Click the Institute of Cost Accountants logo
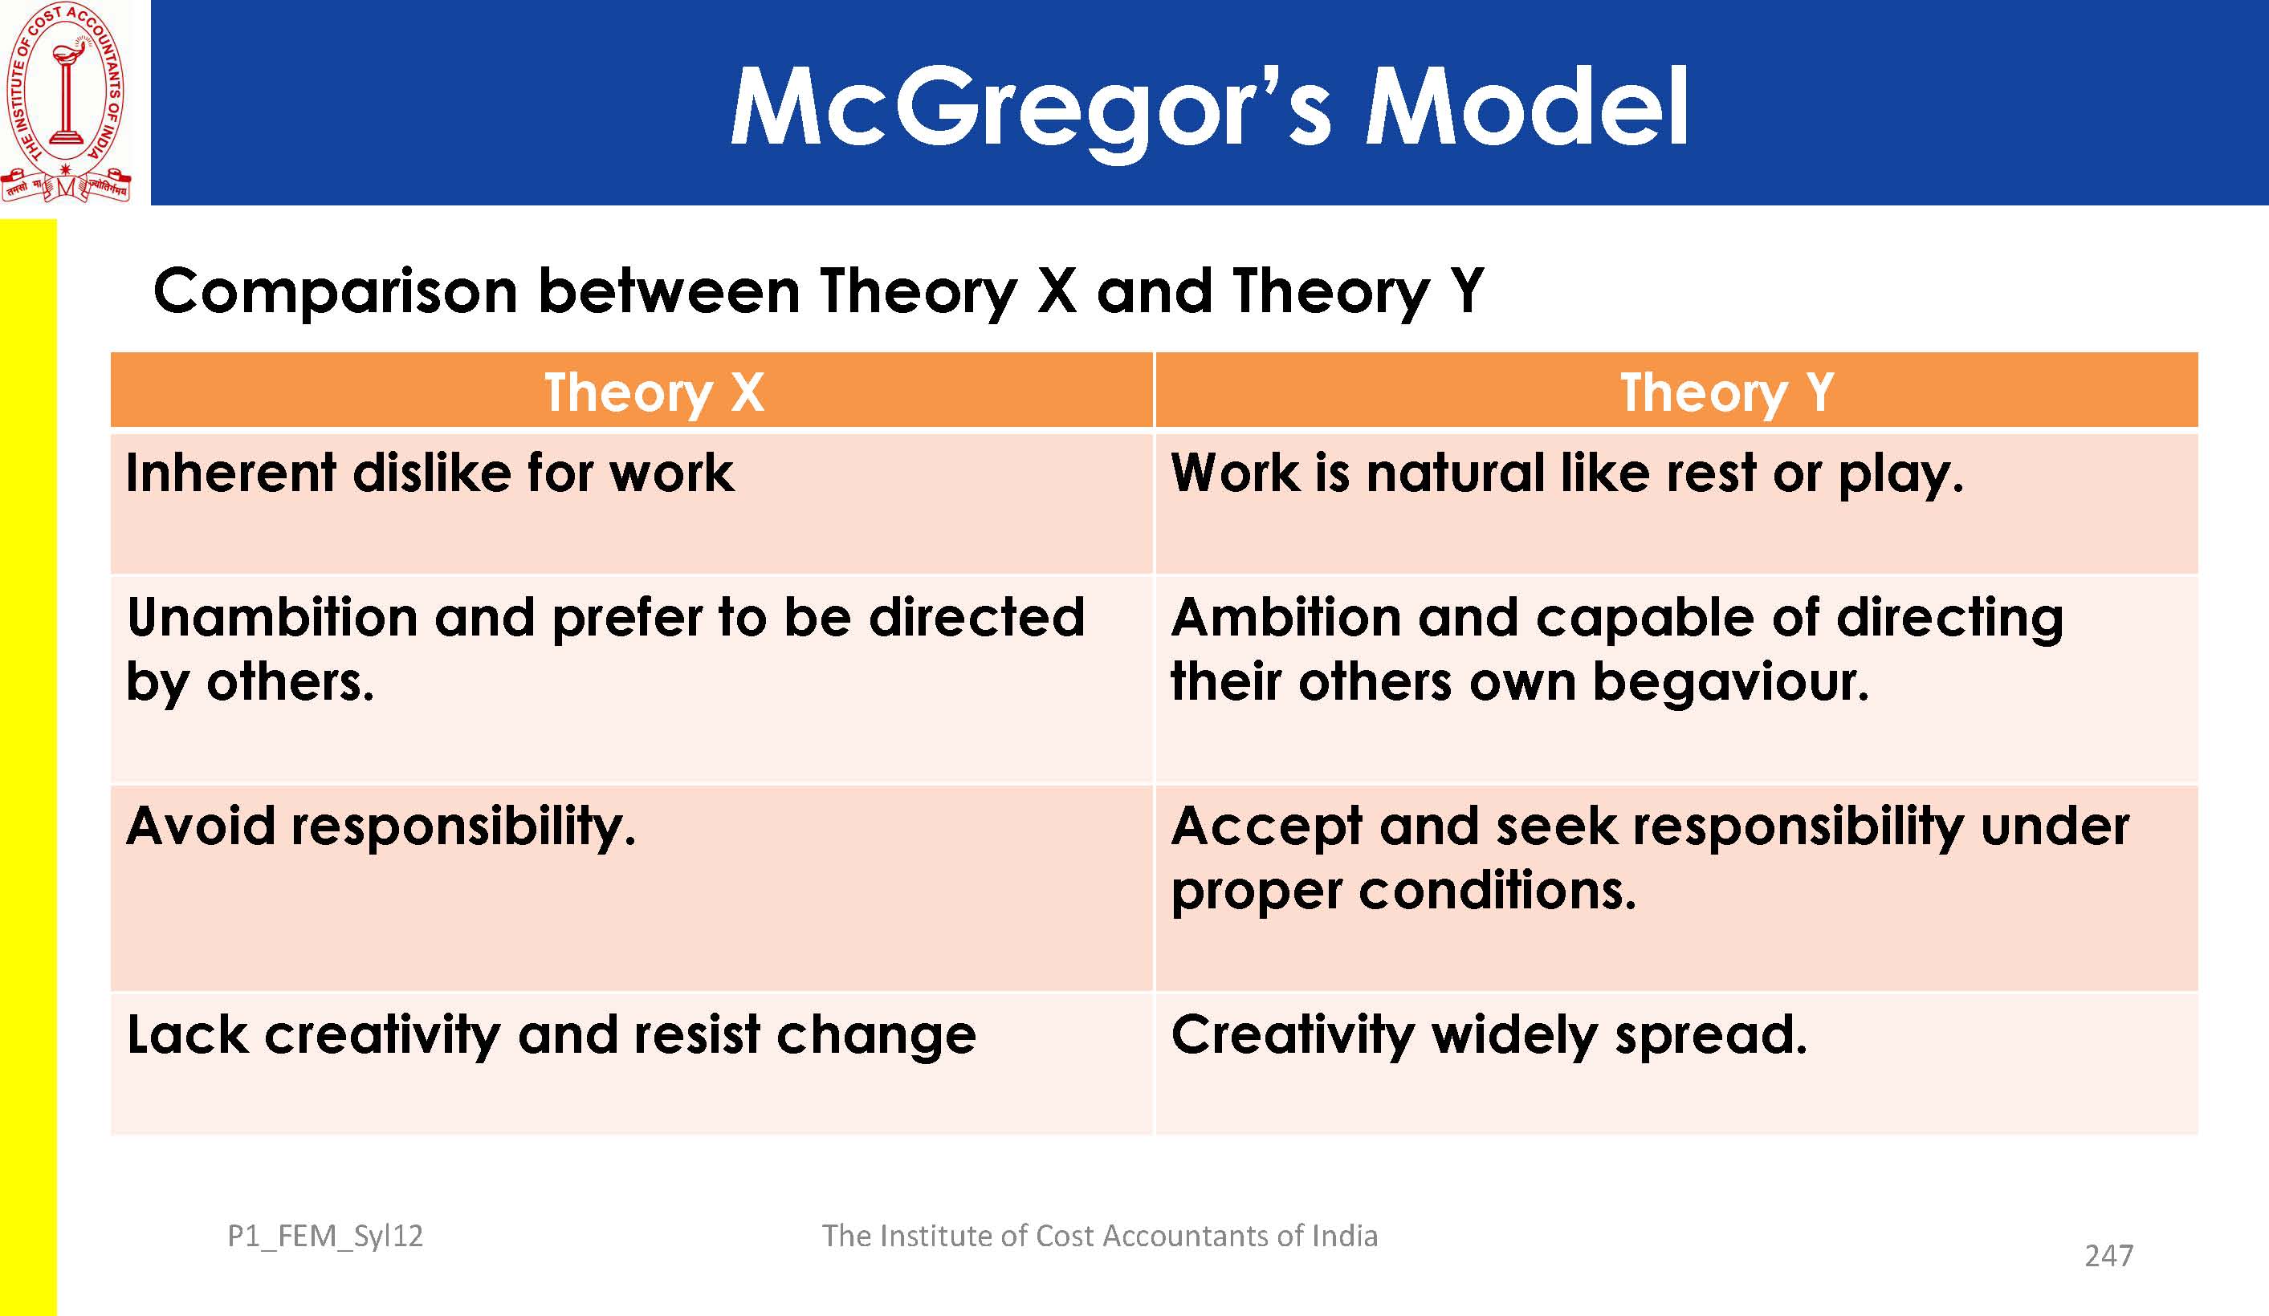pyautogui.click(x=66, y=102)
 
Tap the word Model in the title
pyautogui.click(x=1527, y=107)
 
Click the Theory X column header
pyautogui.click(x=654, y=392)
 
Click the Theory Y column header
pyautogui.click(x=1727, y=392)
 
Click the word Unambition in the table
pyautogui.click(x=273, y=618)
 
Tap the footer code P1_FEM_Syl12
pyautogui.click(x=325, y=1237)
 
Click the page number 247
pyautogui.click(x=2108, y=1256)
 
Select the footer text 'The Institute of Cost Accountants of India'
pyautogui.click(x=1099, y=1236)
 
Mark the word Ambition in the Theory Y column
pyautogui.click(x=1285, y=618)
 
